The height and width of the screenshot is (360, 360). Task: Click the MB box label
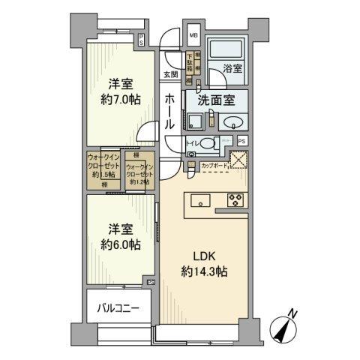[193, 35]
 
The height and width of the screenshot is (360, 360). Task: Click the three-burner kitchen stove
[233, 199]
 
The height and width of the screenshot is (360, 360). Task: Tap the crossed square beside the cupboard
[238, 160]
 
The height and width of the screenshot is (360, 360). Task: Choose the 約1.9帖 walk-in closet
[103, 169]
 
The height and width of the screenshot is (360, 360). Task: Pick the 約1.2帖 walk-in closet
[140, 174]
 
